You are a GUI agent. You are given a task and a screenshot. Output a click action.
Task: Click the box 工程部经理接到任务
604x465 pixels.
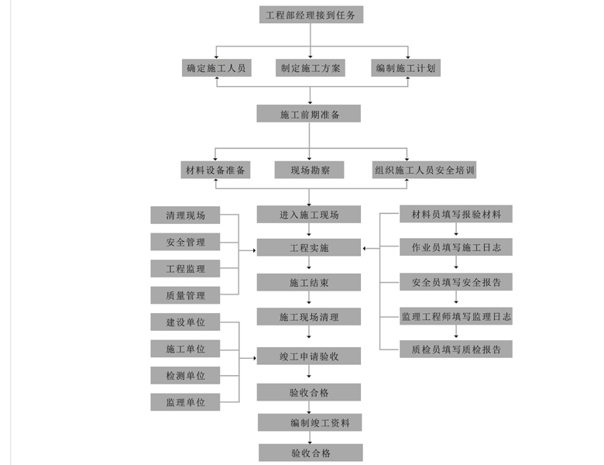(x=311, y=15)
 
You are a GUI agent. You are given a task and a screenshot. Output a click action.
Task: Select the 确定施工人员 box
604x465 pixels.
(x=217, y=68)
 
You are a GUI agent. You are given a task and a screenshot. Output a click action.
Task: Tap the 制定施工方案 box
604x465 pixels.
(x=310, y=68)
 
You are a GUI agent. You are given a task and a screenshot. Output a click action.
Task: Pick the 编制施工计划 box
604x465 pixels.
(x=406, y=68)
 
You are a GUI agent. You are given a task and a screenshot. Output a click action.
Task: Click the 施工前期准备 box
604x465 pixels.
(x=309, y=114)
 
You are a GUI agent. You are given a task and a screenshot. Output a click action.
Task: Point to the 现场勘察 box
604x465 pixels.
(x=309, y=170)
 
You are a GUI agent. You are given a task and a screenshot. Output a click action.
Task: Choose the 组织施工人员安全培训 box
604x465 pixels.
(x=424, y=170)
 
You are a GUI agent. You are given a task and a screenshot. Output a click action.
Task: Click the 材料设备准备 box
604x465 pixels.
(x=215, y=170)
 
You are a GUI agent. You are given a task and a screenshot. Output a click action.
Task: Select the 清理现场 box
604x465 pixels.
(x=185, y=215)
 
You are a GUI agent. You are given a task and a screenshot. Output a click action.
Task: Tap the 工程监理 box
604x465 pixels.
(x=185, y=268)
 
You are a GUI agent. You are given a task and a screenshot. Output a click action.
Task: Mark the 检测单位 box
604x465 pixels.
(x=185, y=375)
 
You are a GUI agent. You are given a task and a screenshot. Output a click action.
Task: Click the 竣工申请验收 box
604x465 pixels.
(x=309, y=356)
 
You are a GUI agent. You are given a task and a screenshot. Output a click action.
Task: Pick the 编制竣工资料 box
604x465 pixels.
(x=310, y=422)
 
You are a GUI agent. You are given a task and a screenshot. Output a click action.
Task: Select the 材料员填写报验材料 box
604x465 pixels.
(x=456, y=214)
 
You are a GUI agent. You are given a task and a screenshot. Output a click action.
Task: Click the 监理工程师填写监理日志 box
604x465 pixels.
(x=456, y=316)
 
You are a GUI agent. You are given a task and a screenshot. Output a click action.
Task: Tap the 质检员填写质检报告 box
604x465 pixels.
(x=456, y=349)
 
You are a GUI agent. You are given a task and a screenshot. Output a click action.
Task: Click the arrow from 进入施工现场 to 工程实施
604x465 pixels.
(x=309, y=230)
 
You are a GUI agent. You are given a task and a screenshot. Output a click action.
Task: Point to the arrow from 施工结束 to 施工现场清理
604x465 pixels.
(x=309, y=298)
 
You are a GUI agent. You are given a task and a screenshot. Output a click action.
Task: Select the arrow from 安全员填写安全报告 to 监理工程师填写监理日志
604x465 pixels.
(x=456, y=298)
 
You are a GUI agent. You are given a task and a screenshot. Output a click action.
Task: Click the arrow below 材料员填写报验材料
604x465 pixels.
(x=456, y=229)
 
